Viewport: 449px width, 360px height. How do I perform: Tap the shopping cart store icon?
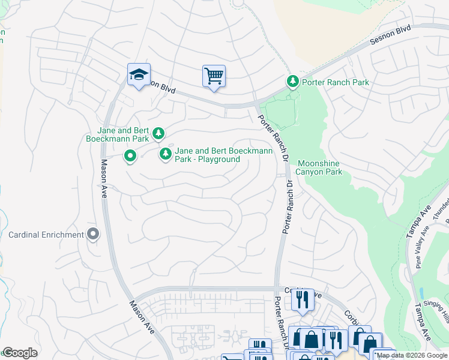[x=214, y=76]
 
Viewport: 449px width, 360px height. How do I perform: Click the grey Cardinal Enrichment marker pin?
[x=92, y=234]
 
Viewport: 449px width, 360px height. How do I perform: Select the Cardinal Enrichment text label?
[x=46, y=234]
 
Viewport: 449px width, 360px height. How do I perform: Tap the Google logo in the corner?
[x=20, y=352]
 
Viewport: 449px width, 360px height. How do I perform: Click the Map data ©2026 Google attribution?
[x=412, y=355]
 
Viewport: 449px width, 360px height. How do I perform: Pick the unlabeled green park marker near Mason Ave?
[x=130, y=157]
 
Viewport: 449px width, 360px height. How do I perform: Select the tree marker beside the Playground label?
[x=165, y=154]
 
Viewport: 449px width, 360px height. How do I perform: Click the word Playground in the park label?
[x=218, y=159]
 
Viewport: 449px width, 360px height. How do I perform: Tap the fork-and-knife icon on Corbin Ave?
[x=303, y=298]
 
